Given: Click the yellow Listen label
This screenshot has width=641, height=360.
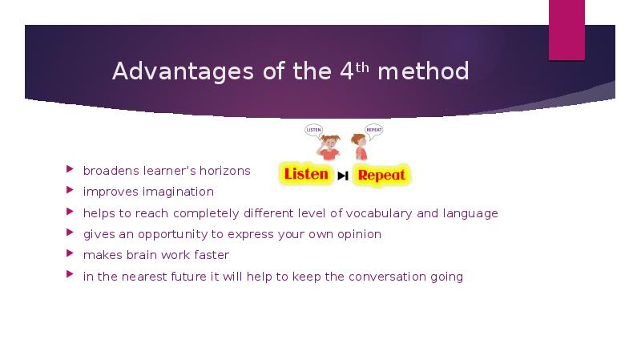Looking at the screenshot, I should point(306,174).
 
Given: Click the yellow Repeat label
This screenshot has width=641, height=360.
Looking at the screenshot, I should point(381,175).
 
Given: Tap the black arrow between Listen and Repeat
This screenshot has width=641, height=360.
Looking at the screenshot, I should point(343,176).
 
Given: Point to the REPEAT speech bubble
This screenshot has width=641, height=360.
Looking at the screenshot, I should point(374,128).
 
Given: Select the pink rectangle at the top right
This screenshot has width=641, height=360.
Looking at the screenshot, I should point(566,30).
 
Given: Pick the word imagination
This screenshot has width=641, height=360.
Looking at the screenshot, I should point(179,192).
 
